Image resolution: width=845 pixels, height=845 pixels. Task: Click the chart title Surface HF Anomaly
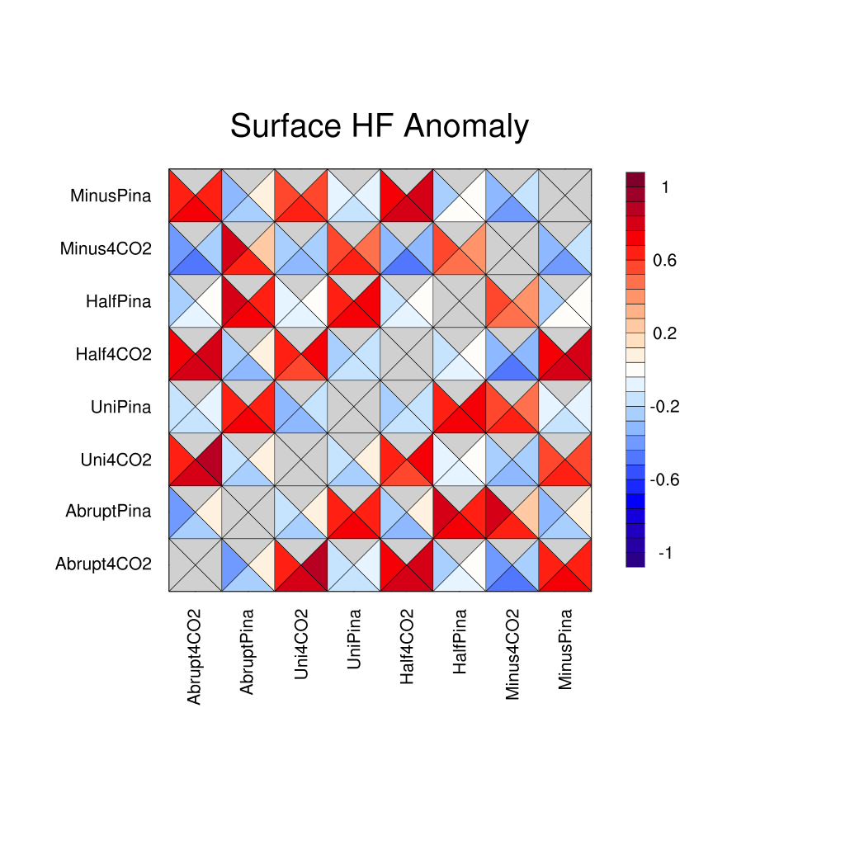point(379,126)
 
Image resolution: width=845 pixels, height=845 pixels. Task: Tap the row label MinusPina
point(111,196)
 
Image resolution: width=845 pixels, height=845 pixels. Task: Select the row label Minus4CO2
point(106,248)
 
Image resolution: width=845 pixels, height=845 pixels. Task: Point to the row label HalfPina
point(118,301)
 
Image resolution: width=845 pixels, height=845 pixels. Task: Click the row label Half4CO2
point(113,354)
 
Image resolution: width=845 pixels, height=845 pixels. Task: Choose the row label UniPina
point(120,407)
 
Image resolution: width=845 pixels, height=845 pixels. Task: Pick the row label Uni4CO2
point(116,460)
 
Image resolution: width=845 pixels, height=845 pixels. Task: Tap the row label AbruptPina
point(108,512)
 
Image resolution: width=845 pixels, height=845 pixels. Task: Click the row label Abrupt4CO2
point(103,564)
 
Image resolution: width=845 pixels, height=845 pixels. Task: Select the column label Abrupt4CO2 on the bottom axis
point(195,657)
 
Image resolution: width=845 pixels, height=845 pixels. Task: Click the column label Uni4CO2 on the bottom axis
point(301,644)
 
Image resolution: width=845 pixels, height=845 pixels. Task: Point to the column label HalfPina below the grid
point(460,642)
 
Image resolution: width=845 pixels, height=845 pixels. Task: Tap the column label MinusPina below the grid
point(565,649)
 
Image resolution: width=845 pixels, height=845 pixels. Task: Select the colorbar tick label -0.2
point(664,407)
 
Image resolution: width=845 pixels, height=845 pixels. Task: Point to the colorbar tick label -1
point(664,553)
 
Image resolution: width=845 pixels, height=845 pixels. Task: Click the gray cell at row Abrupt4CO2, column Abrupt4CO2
point(196,564)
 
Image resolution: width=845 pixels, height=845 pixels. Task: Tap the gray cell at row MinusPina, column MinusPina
point(565,196)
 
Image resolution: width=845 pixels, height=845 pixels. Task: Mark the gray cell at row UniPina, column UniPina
point(354,407)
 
